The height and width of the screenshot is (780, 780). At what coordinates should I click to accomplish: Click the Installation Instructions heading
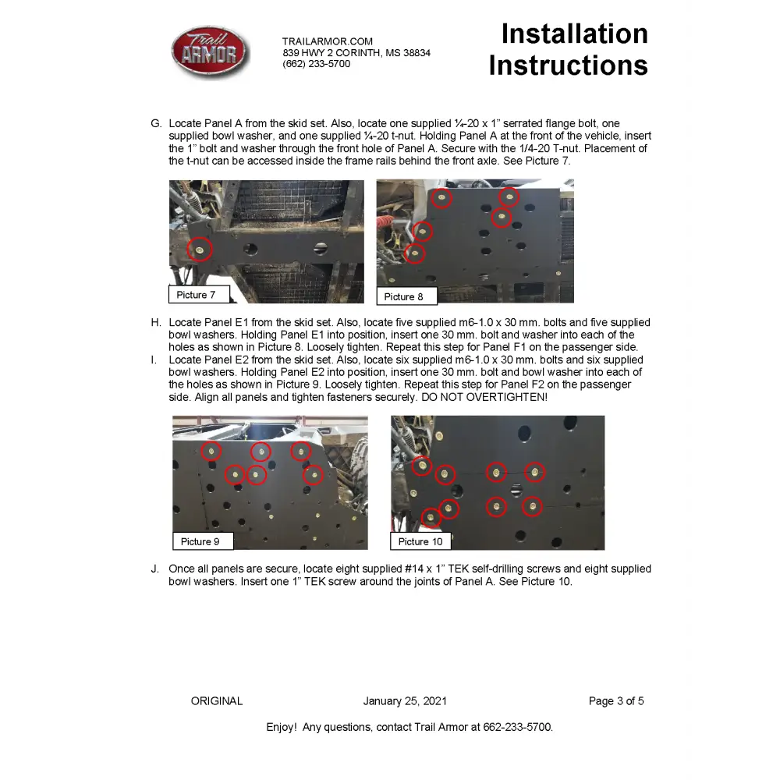(x=569, y=49)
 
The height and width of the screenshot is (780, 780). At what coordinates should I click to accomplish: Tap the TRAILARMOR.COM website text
(x=328, y=41)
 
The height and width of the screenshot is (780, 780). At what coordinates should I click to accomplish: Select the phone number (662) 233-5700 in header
(x=316, y=64)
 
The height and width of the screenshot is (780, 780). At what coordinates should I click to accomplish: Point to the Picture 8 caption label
(x=403, y=296)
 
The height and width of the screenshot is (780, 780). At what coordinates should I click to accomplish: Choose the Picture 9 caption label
(x=200, y=541)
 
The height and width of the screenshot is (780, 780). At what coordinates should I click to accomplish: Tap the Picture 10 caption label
(x=420, y=541)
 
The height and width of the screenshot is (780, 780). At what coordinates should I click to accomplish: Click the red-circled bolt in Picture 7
(x=200, y=250)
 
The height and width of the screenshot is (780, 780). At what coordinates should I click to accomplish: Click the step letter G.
(x=156, y=124)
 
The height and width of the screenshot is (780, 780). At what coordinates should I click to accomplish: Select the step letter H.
(x=156, y=323)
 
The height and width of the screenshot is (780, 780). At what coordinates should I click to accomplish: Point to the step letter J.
(x=155, y=569)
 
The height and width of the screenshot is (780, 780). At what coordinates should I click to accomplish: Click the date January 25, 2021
(x=405, y=701)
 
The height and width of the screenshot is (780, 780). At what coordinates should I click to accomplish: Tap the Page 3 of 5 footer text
(x=616, y=701)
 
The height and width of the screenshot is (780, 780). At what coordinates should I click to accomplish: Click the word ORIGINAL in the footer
(x=217, y=701)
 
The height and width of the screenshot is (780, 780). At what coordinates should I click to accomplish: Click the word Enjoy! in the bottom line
(x=281, y=727)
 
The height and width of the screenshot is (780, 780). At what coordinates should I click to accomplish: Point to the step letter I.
(x=154, y=360)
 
